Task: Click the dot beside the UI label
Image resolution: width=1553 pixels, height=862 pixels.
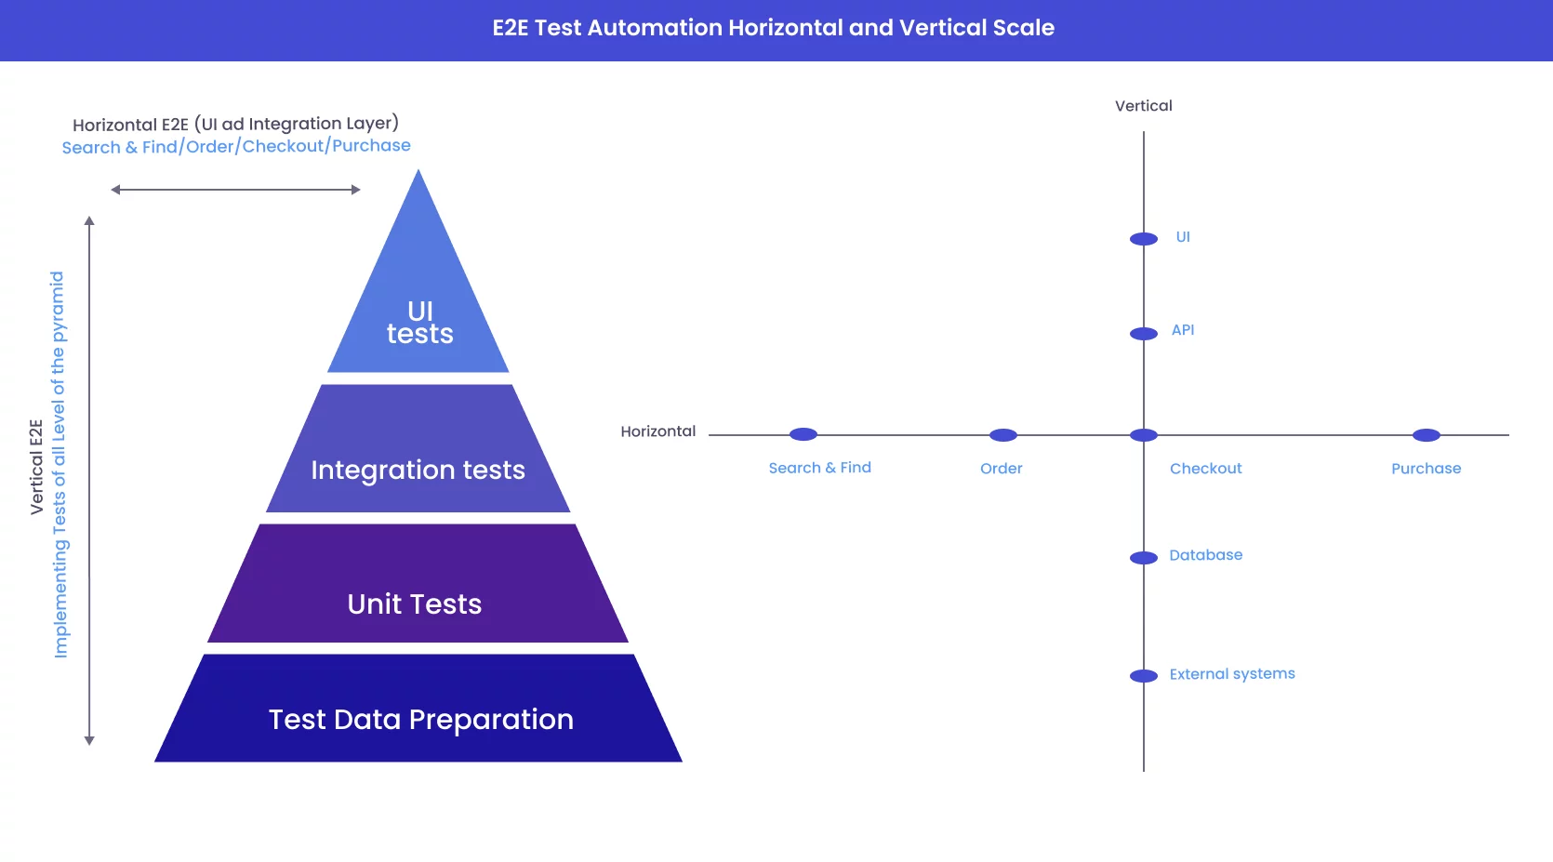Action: [1144, 239]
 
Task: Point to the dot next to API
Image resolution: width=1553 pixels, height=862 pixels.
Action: [1144, 333]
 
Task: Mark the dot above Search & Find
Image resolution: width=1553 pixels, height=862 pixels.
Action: [803, 434]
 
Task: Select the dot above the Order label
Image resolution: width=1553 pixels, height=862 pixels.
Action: [1003, 435]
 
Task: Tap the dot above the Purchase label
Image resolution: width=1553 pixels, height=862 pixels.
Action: [1427, 435]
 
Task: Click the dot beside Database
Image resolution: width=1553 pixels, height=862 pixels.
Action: [1144, 558]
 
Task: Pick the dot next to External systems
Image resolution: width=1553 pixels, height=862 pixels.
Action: [1144, 676]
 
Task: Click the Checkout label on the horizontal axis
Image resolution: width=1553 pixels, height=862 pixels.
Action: [1205, 469]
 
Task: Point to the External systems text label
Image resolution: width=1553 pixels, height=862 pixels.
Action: [1232, 674]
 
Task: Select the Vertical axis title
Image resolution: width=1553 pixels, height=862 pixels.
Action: [1144, 106]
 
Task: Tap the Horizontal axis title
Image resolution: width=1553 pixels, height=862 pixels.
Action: [658, 431]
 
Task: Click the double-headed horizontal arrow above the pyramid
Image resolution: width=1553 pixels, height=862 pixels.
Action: [235, 190]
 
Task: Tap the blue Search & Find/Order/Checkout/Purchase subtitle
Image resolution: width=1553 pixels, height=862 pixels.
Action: [236, 147]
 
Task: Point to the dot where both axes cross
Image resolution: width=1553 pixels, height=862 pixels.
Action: [1144, 435]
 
